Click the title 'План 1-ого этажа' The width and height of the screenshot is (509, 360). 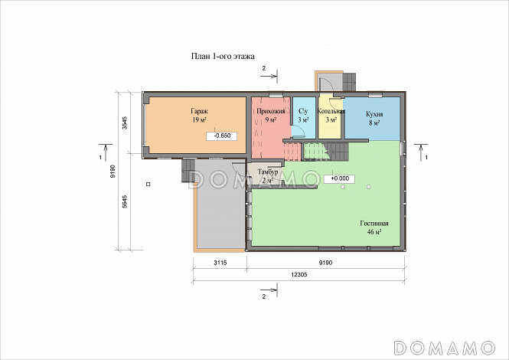223,56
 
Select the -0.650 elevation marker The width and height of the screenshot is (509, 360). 222,136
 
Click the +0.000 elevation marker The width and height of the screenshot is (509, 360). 339,178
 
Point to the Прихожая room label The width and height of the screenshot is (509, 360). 271,111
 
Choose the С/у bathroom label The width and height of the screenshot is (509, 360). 303,111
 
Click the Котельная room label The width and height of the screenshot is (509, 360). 331,111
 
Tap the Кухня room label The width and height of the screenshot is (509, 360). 374,114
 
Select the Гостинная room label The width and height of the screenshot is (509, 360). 374,224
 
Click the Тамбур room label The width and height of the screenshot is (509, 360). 268,172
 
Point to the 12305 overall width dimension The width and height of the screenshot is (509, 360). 299,274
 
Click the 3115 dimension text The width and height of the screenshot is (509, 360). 220,263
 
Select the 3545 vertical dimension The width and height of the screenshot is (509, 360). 125,123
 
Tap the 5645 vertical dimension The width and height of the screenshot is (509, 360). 125,201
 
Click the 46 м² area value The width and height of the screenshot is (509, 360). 374,232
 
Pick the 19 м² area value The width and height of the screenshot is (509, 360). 199,120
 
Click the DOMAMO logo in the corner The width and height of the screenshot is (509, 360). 445,348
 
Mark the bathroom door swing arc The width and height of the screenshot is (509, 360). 299,131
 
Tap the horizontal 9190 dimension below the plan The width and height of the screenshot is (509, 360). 325,263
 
